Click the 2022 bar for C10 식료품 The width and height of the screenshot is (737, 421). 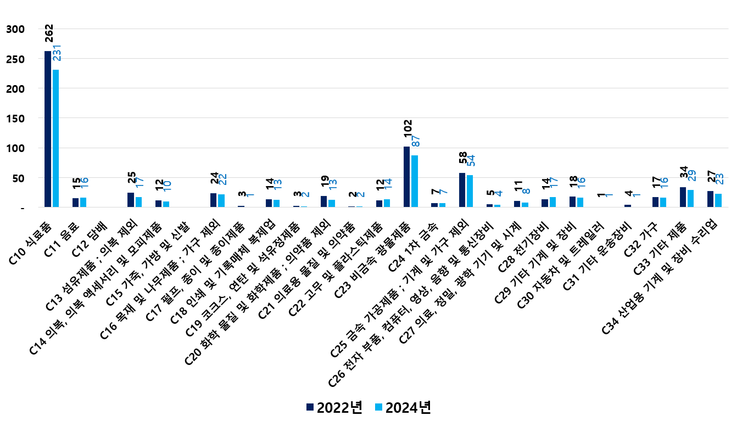[x=48, y=129]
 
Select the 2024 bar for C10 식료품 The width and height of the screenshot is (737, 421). [x=55, y=138]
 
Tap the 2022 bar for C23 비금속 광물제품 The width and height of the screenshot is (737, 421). [x=406, y=177]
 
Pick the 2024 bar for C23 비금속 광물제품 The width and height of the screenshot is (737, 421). [x=415, y=181]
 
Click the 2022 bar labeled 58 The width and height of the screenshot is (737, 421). [x=462, y=190]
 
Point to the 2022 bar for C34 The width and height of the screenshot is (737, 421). [x=710, y=199]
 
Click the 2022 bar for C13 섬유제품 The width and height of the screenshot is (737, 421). [x=131, y=200]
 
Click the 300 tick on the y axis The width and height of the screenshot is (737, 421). [x=15, y=29]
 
